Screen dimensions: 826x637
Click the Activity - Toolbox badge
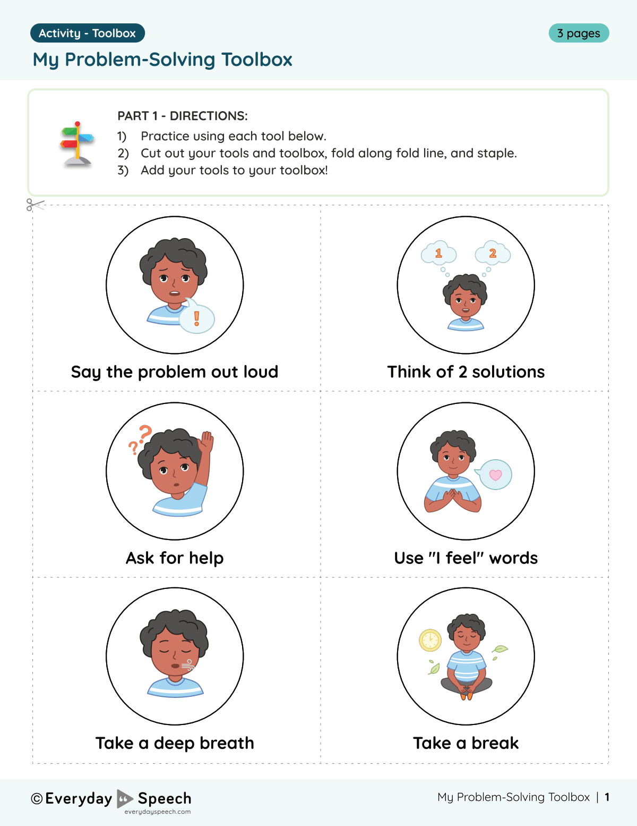(88, 33)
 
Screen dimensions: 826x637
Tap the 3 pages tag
(579, 33)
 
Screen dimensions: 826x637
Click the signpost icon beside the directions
(78, 144)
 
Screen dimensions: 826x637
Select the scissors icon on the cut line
(34, 205)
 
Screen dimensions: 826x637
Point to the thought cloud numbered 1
(438, 254)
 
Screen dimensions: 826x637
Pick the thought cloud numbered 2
(493, 254)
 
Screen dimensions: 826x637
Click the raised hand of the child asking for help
(206, 442)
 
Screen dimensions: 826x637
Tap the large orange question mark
(145, 433)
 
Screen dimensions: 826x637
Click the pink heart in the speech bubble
(495, 475)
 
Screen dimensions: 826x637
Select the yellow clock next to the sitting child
(430, 640)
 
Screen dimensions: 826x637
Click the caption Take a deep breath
(175, 743)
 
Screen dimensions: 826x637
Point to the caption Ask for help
(175, 558)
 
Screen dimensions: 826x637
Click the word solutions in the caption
(508, 372)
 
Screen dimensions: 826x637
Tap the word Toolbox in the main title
(256, 60)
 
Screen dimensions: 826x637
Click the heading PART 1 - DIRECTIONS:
(183, 116)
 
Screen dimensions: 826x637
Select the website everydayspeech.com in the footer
(157, 812)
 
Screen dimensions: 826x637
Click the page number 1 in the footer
(607, 797)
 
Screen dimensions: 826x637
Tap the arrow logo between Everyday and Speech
(125, 798)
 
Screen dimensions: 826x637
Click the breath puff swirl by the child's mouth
(187, 665)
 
